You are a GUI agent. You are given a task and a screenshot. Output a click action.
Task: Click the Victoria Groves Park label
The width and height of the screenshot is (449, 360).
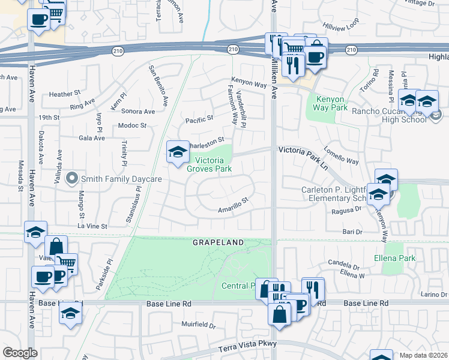click(x=209, y=164)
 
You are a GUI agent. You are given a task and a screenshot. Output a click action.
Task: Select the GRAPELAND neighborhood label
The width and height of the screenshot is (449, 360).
click(x=218, y=242)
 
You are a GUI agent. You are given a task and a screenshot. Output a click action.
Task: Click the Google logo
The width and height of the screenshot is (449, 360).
click(x=20, y=352)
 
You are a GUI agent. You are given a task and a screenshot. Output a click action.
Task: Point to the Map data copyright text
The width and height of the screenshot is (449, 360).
click(x=423, y=355)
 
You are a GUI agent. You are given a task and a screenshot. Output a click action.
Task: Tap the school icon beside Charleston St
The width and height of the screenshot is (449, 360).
click(x=178, y=154)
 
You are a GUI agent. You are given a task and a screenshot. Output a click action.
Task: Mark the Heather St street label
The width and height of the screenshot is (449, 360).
click(x=65, y=94)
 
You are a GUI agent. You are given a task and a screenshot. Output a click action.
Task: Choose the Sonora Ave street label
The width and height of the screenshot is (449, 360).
click(x=137, y=112)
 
